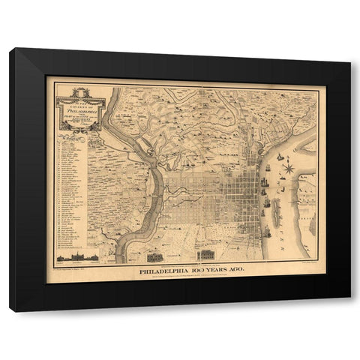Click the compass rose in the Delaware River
[x=287, y=168]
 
